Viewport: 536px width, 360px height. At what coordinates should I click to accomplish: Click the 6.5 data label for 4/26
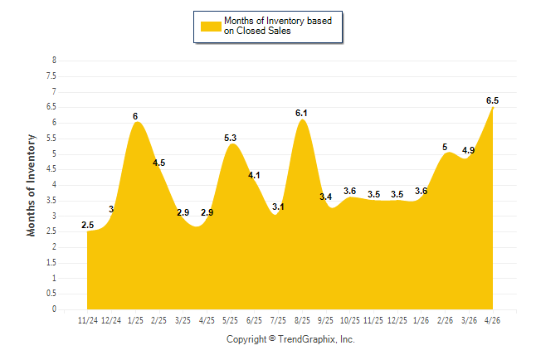[x=492, y=100]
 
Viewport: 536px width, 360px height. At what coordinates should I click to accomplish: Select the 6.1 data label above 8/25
[x=301, y=113]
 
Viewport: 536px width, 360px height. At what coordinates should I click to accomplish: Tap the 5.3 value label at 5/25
[x=230, y=138]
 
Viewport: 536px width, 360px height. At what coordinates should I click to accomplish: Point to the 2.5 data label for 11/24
[x=87, y=225]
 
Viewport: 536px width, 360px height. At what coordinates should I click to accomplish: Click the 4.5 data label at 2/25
[x=159, y=163]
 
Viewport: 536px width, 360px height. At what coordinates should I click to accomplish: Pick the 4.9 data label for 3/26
[x=468, y=150]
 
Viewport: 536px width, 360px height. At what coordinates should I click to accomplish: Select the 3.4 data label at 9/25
[x=326, y=197]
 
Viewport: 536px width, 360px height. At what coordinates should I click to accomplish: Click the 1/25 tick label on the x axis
[x=135, y=320]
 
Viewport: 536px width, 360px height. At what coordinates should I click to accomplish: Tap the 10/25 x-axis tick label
[x=349, y=320]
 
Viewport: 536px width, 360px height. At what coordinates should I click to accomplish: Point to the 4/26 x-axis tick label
[x=492, y=320]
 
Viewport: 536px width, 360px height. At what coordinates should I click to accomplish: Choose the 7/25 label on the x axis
[x=278, y=320]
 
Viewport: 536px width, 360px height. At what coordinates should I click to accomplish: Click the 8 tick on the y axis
[x=54, y=61]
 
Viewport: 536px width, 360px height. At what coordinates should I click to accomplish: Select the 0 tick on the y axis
[x=54, y=309]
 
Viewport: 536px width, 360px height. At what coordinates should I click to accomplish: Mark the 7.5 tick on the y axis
[x=51, y=75]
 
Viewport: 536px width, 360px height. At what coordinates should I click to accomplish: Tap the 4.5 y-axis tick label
[x=51, y=169]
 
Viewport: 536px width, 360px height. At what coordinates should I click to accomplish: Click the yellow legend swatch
[x=211, y=27]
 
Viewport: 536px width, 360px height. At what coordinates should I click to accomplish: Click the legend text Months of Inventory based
[x=278, y=21]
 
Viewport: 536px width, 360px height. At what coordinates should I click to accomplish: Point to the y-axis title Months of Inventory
[x=31, y=185]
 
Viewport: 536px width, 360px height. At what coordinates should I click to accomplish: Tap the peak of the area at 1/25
[x=137, y=122]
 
